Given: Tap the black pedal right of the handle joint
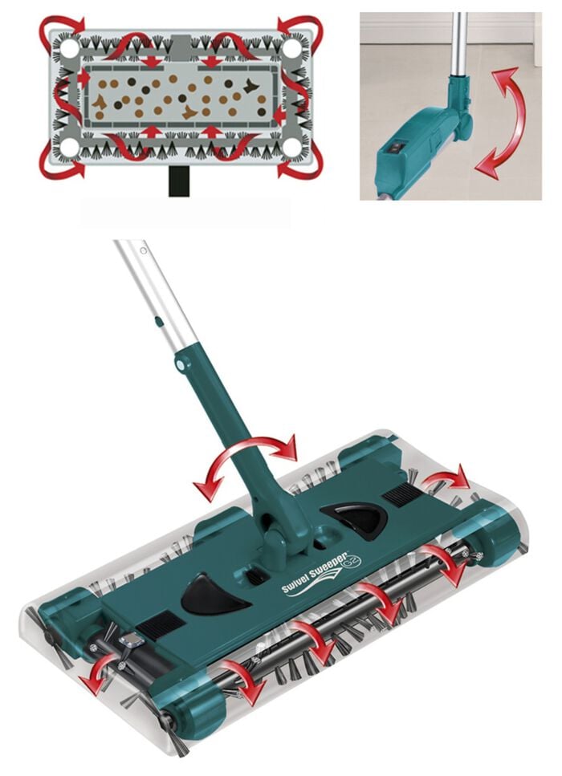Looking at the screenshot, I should tap(354, 519).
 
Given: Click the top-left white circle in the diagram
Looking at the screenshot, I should tap(70, 48).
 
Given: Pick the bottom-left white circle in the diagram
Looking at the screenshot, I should tap(70, 148).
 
